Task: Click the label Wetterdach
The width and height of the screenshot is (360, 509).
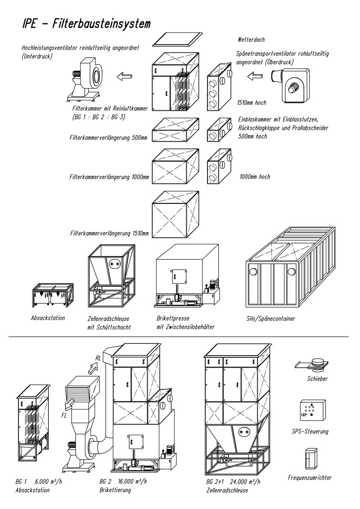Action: (x=252, y=40)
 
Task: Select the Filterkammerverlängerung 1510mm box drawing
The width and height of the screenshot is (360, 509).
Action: (x=175, y=215)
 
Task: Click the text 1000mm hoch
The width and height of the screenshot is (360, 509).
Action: (x=254, y=177)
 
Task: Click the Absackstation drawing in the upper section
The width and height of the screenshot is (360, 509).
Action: (x=53, y=297)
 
